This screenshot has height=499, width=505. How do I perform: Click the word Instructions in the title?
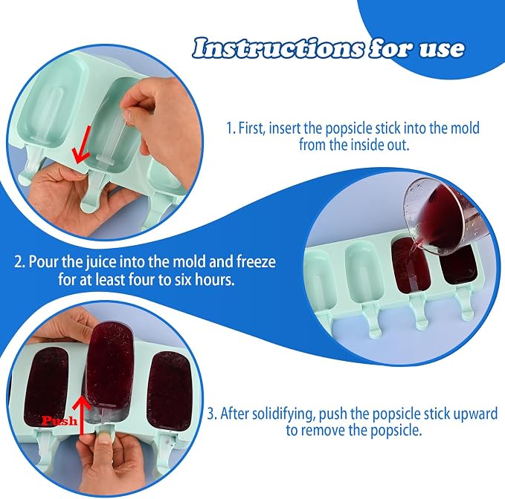pos(279,48)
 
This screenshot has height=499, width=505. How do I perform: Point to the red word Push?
pos(59,420)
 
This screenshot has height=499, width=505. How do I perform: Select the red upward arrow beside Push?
pos(82,415)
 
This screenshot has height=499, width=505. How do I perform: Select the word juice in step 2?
pos(101,261)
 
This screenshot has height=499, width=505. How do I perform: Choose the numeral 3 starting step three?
pos(212,414)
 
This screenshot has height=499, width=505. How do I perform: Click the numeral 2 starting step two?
pos(19,262)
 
